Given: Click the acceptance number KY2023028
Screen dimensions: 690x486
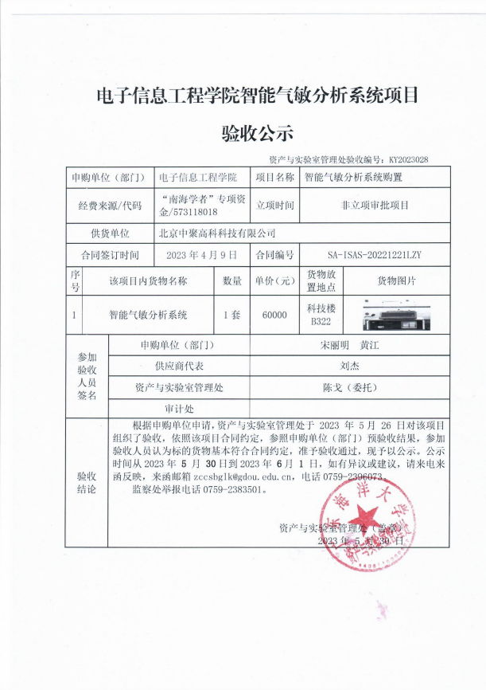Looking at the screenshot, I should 409,159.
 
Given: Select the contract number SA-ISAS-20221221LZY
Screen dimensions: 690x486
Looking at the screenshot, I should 373,255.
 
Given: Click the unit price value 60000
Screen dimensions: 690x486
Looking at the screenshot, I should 274,315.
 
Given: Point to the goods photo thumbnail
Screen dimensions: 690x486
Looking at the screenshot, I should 396,315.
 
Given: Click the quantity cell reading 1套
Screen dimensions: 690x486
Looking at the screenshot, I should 231,315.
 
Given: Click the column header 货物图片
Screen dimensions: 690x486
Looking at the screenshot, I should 396,280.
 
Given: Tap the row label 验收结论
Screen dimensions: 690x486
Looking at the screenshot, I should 86,482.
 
